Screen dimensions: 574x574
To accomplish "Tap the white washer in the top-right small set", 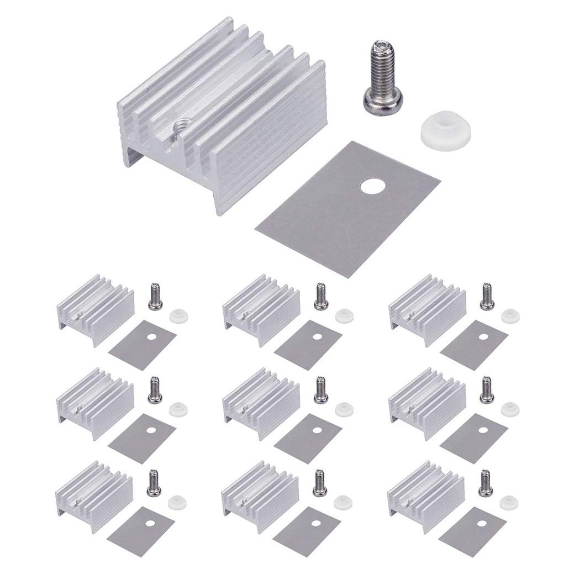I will (510, 316).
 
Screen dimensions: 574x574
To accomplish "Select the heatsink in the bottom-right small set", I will (426, 495).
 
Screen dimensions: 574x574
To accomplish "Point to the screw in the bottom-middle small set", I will (319, 483).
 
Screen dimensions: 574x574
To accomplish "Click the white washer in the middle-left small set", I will (178, 409).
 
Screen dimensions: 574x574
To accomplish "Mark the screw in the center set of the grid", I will (319, 390).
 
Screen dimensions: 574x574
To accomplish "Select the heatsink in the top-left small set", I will (95, 308).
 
